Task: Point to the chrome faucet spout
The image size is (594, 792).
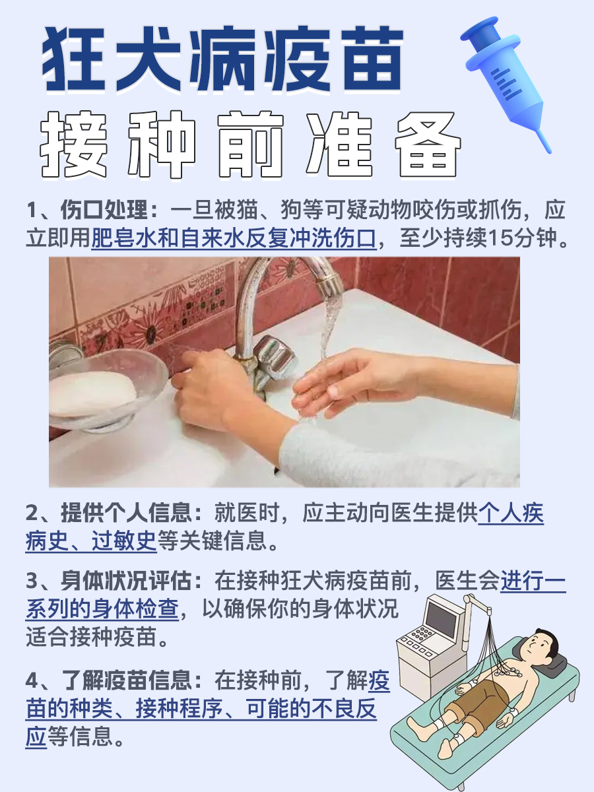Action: coord(290,277)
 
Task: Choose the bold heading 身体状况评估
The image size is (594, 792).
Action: coord(125,582)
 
